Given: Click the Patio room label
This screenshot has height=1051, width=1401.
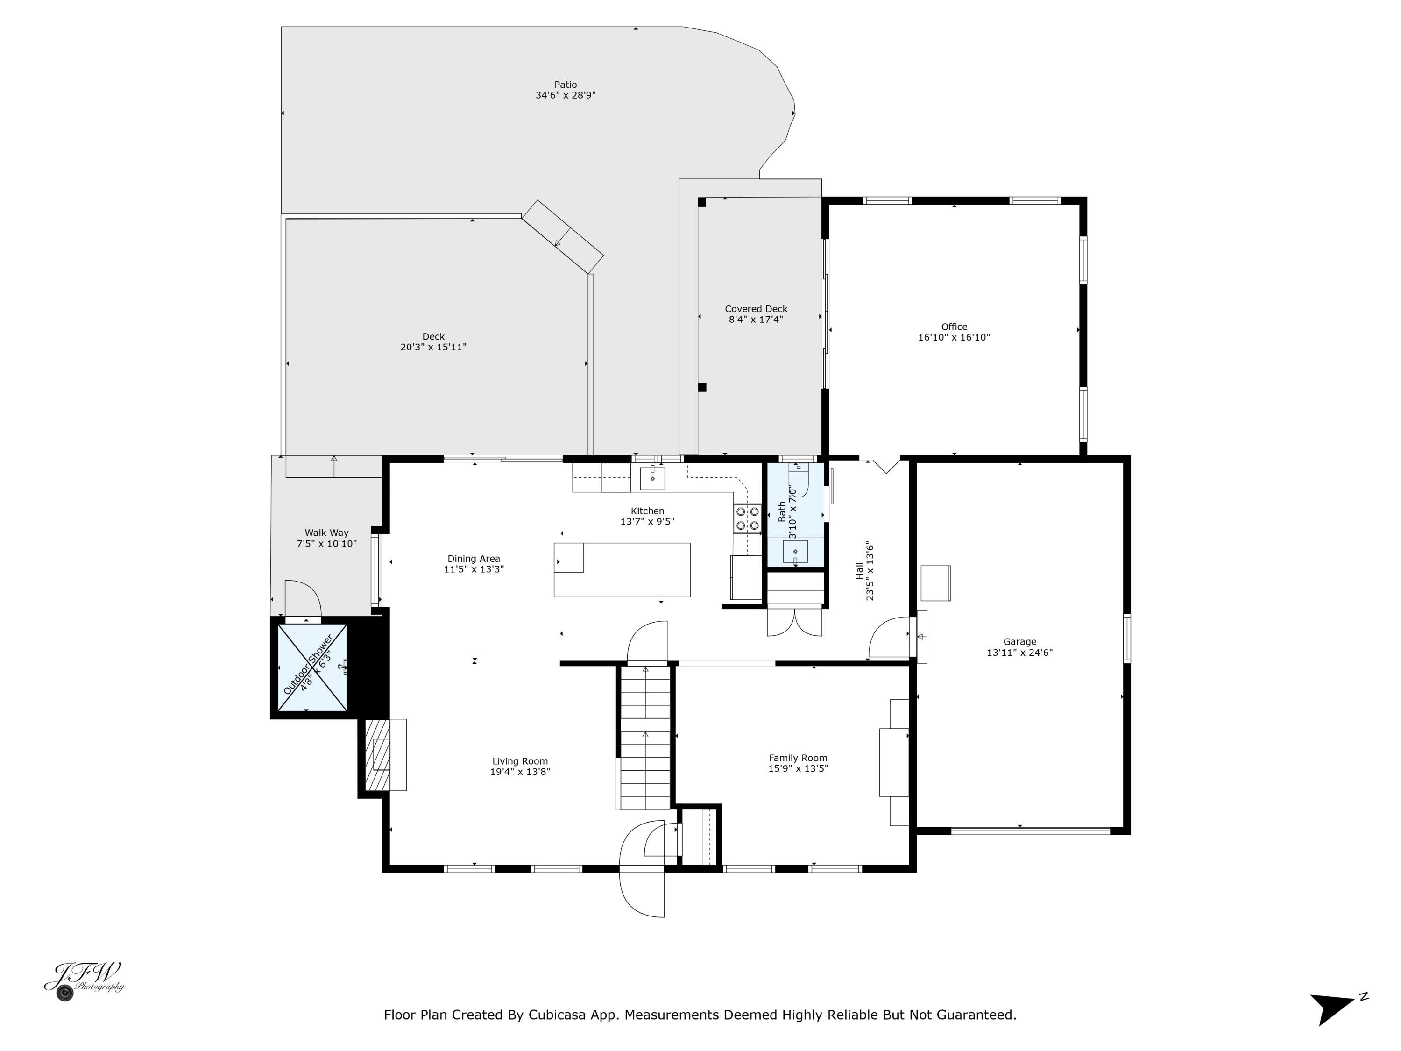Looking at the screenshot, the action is (566, 84).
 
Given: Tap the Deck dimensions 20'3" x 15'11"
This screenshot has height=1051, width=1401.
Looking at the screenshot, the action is (433, 347).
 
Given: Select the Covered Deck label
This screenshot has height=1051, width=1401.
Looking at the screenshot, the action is (756, 309).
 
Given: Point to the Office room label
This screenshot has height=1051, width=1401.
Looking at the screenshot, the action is (954, 327).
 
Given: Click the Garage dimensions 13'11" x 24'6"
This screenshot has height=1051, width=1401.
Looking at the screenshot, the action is (1020, 653).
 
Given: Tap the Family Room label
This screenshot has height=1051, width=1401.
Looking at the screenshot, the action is (798, 758).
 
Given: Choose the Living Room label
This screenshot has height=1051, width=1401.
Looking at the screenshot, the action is (520, 761).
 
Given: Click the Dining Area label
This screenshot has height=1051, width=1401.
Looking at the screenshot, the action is (474, 559).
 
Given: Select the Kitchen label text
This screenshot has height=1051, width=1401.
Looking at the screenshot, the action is (647, 511).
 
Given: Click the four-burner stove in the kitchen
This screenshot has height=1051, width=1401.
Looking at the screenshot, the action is (747, 518).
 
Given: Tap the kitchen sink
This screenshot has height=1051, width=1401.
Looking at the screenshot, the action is (652, 478).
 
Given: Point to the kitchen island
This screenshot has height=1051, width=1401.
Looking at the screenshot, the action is (622, 569).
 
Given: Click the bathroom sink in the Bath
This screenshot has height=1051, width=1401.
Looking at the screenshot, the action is (795, 552).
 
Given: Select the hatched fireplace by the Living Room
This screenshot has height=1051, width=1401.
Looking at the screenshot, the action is (378, 754).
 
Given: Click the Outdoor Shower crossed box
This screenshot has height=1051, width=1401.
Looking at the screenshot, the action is (313, 667).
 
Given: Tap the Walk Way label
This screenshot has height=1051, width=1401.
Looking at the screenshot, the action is (327, 533).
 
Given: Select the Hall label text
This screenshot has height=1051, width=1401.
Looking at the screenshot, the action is (859, 571).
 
